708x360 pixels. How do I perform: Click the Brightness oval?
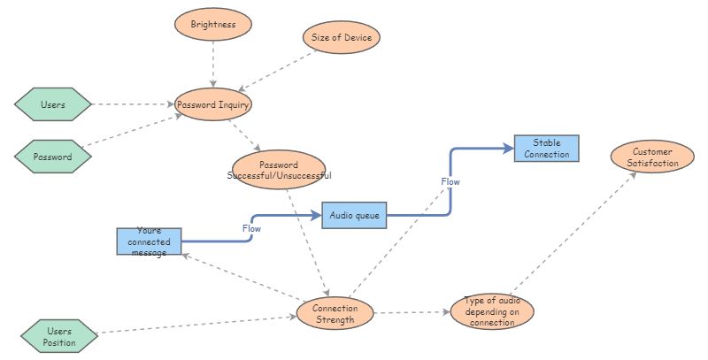coord(213,25)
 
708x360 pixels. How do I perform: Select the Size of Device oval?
coord(341,38)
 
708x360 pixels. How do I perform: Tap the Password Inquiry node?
coord(213,104)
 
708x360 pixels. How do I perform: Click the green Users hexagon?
coord(53,104)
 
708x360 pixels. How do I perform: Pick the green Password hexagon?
coord(53,157)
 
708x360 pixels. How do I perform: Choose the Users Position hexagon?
coord(58,336)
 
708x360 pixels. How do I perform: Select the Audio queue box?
coord(354,215)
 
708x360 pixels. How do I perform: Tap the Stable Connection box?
coord(546,148)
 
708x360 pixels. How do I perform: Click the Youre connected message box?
coord(149,241)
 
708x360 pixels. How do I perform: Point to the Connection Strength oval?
coord(335,313)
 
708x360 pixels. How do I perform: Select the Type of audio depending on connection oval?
coord(492,311)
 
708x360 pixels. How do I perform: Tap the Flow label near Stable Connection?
coord(450,181)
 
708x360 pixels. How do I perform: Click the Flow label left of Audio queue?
coord(251,228)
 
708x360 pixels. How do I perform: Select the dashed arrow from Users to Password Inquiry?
coord(133,104)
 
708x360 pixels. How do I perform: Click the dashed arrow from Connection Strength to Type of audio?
coord(412,312)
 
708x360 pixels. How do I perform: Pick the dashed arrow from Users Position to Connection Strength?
coord(195,325)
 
